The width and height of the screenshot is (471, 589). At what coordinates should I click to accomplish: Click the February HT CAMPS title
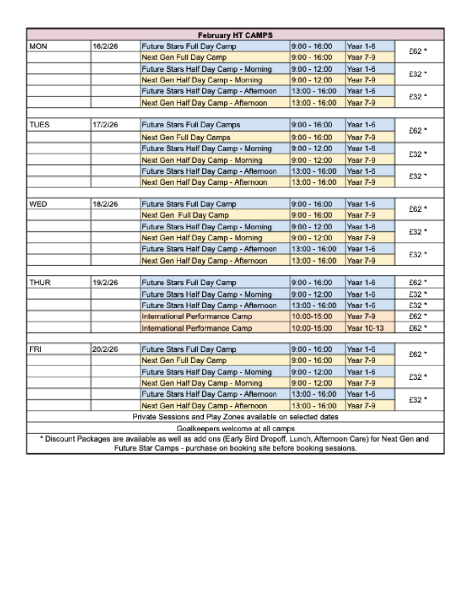[235, 35]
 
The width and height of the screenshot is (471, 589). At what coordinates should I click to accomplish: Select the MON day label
[38, 46]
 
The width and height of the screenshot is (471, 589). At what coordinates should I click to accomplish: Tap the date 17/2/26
[105, 125]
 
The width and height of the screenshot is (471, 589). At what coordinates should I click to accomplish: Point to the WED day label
[38, 204]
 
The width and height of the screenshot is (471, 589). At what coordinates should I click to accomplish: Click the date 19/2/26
[105, 283]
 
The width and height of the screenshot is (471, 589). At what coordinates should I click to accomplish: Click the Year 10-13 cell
[365, 328]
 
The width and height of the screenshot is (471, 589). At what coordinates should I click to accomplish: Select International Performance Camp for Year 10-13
[197, 328]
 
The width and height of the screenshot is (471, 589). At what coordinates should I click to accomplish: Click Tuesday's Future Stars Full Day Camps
[191, 125]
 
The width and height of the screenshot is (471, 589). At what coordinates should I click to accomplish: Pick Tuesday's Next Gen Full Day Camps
[186, 137]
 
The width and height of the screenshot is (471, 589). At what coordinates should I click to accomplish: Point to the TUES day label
[39, 125]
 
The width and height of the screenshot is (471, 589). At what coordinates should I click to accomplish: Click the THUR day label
[40, 283]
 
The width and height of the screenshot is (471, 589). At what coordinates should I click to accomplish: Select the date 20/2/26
[105, 349]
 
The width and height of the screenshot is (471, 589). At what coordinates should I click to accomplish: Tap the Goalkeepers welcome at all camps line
[235, 428]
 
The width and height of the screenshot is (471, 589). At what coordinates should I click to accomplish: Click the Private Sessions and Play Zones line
[235, 417]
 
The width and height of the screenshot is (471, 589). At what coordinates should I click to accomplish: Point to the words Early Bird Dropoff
[273, 439]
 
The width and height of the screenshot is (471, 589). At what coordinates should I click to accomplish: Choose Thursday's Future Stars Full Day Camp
[188, 283]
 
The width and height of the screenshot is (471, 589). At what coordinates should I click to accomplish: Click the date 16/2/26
[105, 46]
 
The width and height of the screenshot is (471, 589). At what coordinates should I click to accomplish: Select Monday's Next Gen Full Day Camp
[184, 57]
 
